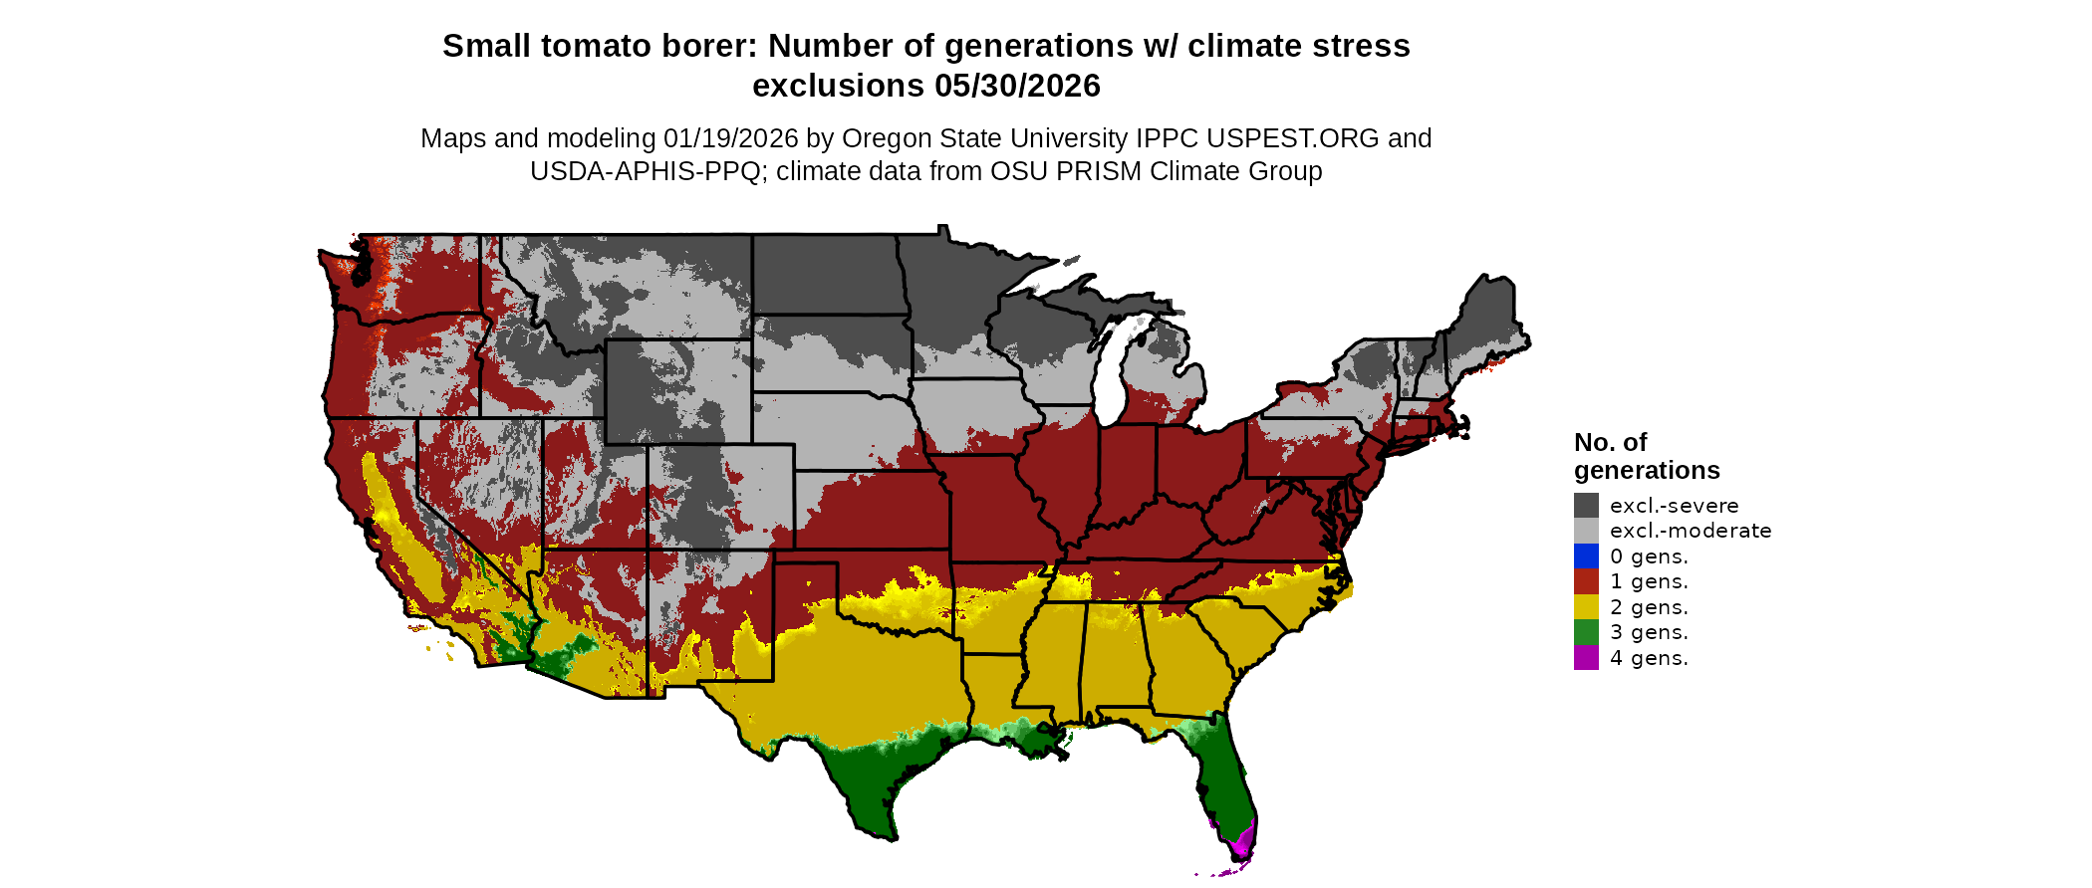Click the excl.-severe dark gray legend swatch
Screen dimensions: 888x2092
[1586, 505]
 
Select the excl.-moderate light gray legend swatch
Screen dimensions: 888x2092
[1586, 531]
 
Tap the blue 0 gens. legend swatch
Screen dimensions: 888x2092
[1586, 556]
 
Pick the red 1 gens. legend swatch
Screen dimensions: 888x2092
[1586, 581]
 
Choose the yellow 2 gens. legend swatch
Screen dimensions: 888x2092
[1586, 607]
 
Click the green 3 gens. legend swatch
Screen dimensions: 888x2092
[1586, 632]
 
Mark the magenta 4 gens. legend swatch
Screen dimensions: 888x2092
[1586, 658]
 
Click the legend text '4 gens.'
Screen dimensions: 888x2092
[1649, 658]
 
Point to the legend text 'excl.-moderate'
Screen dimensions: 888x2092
[1691, 531]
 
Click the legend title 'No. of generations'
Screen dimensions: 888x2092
[1646, 456]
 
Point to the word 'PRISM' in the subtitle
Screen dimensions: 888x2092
[1098, 171]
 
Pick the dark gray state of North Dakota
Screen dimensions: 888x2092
[827, 275]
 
